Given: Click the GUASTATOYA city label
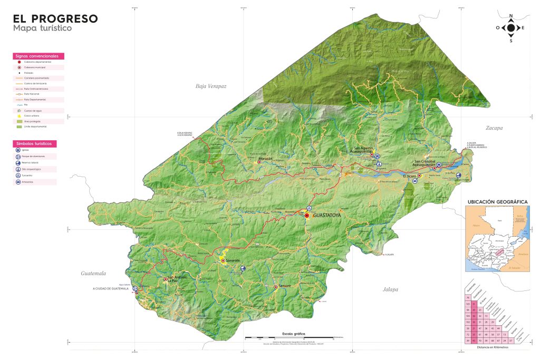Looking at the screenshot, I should pyautogui.click(x=327, y=216).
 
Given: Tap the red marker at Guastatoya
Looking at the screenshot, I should pyautogui.click(x=307, y=216).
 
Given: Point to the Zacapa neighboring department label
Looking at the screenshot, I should pyautogui.click(x=494, y=128).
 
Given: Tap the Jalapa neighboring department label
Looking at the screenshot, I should pyautogui.click(x=390, y=289).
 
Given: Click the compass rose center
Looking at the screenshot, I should pyautogui.click(x=510, y=28).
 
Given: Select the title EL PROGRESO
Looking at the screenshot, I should pyautogui.click(x=55, y=18).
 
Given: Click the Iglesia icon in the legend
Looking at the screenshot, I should pyautogui.click(x=19, y=150).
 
